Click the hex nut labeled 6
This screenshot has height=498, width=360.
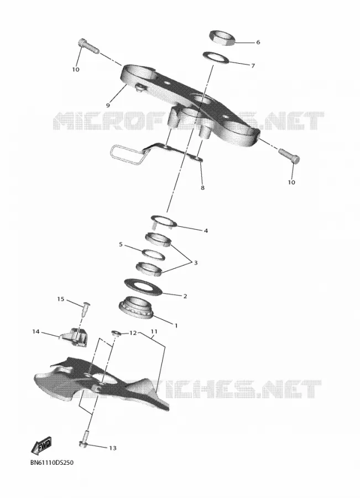click(x=222, y=38)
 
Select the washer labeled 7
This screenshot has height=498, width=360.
click(x=216, y=58)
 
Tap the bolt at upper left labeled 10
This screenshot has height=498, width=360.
click(x=88, y=45)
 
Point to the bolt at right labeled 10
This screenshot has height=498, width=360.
click(x=290, y=155)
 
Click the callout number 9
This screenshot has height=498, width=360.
click(x=108, y=105)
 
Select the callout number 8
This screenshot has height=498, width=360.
click(x=202, y=188)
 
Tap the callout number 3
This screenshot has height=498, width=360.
click(x=196, y=263)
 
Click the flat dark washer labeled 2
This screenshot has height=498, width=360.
click(x=143, y=286)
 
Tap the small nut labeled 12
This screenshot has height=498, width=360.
click(x=116, y=333)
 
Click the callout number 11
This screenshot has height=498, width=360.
click(x=154, y=331)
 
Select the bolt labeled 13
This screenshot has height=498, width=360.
click(x=85, y=440)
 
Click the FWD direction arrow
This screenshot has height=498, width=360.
click(x=41, y=445)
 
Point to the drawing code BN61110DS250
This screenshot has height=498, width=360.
click(x=52, y=463)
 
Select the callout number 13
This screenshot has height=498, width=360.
click(x=113, y=448)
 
